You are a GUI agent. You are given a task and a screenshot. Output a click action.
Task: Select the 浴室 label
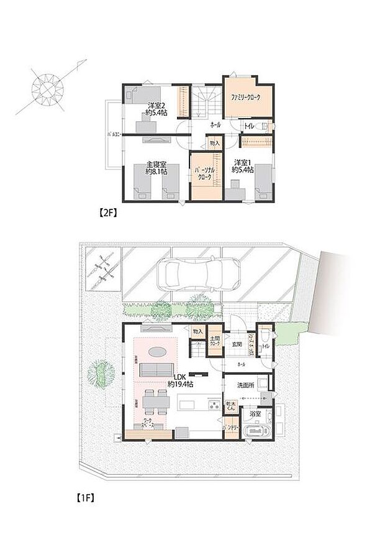pyautogui.click(x=254, y=413)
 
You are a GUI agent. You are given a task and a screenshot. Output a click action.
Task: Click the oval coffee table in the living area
pyautogui.click(x=158, y=352)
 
